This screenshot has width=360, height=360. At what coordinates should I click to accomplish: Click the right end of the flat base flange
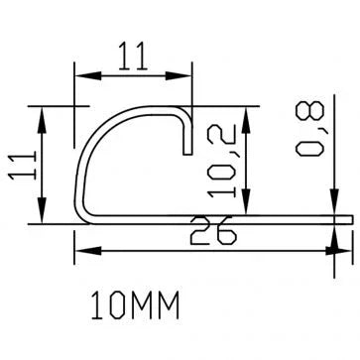[350, 217]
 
